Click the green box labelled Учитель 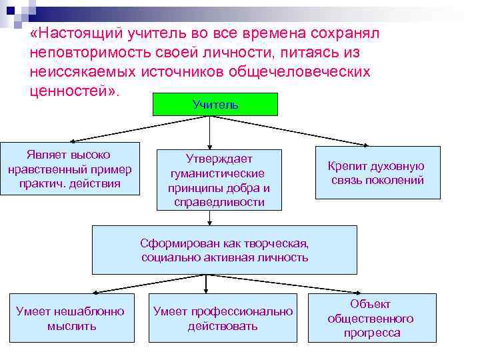(215, 105)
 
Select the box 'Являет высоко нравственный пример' (70, 169)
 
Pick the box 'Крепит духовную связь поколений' (377, 173)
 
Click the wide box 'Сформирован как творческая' (224, 250)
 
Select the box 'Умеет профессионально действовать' (223, 318)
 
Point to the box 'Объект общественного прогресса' (371, 318)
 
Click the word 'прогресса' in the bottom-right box (372, 333)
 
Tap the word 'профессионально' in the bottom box (243, 311)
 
